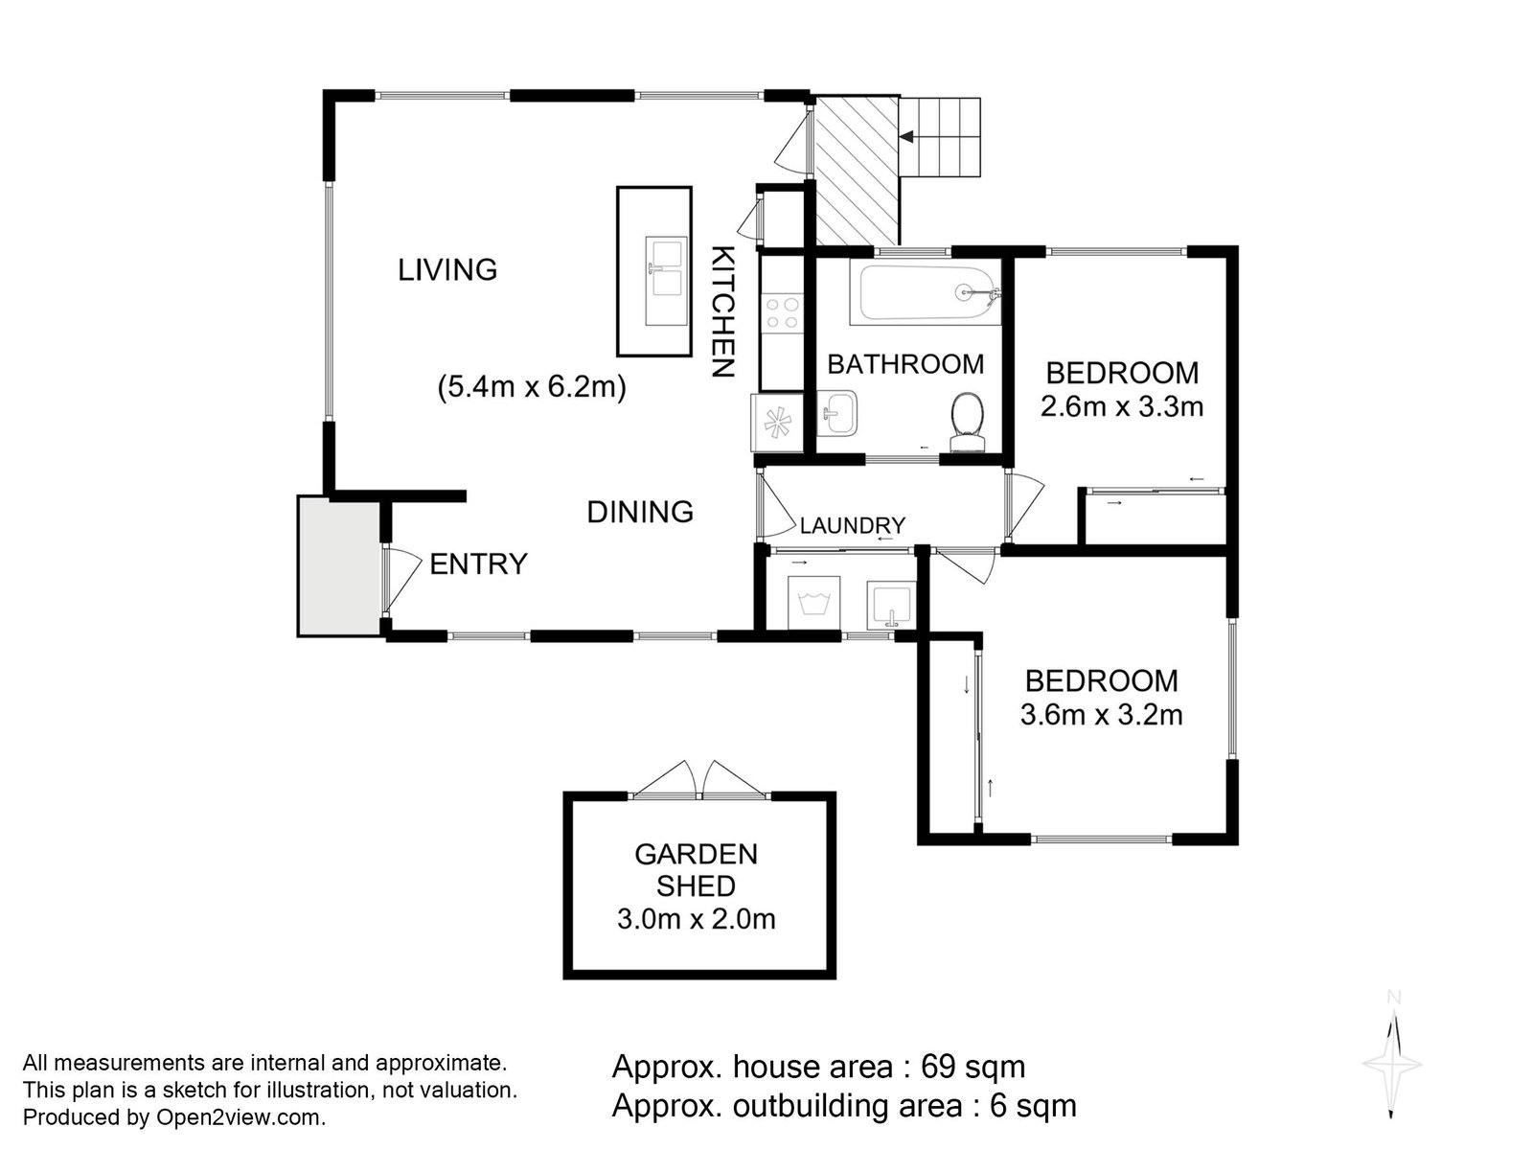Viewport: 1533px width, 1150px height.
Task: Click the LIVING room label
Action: [447, 270]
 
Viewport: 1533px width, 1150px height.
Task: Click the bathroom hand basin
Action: [837, 415]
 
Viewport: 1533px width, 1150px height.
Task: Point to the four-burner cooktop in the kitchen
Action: [782, 313]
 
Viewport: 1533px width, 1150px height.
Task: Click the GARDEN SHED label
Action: [696, 869]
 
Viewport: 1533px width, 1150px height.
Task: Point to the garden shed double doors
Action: [702, 779]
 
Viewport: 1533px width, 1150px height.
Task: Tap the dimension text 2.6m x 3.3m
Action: [1121, 406]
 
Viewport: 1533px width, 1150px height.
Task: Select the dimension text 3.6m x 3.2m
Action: [1101, 715]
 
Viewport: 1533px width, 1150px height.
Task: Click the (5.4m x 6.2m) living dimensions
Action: [532, 388]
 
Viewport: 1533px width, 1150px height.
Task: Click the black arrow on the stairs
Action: [907, 138]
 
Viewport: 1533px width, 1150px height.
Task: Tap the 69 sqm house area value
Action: [972, 1067]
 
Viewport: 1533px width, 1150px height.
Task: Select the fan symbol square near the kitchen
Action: [774, 422]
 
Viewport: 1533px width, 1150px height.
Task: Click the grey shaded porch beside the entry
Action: [338, 565]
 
